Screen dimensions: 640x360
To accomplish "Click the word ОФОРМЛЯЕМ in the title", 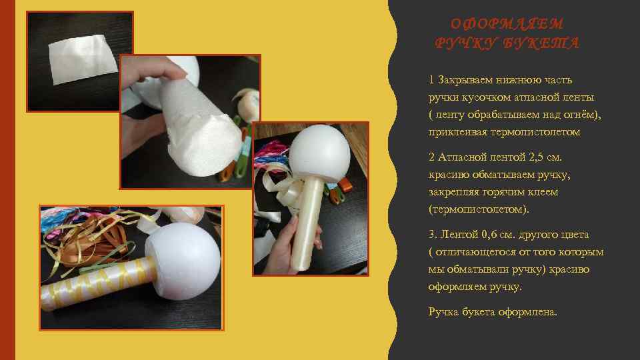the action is (x=507, y=24).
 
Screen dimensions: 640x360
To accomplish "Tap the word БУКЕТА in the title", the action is (x=541, y=43).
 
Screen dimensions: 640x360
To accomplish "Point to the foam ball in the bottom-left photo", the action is (x=183, y=261).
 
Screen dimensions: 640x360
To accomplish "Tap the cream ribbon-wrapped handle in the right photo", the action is (x=307, y=224).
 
